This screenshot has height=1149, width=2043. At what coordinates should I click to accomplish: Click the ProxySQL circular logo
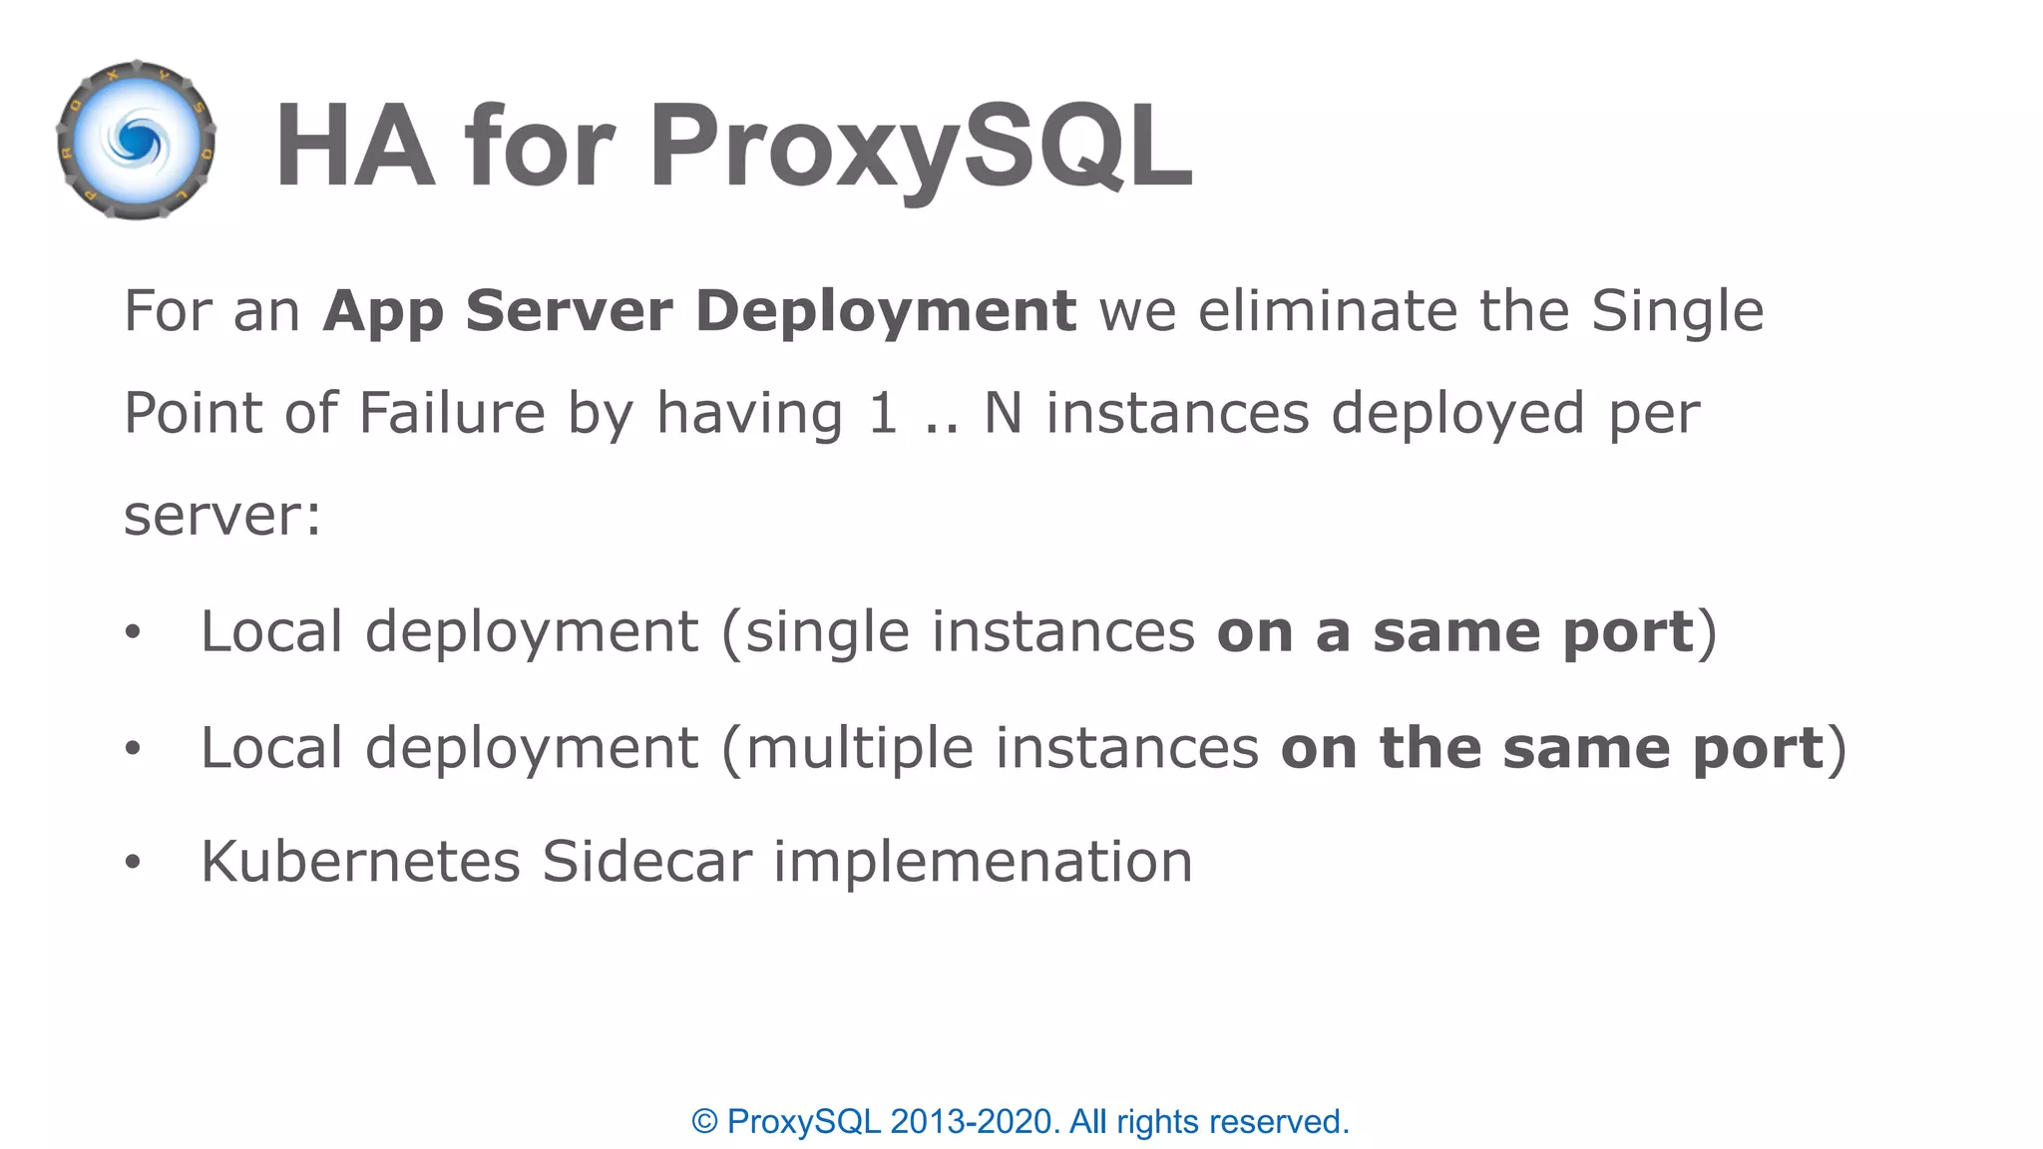[137, 141]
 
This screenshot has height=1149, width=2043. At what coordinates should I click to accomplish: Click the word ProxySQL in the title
[921, 146]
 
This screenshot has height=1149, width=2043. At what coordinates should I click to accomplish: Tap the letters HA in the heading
[355, 146]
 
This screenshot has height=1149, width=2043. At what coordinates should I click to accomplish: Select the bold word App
[382, 311]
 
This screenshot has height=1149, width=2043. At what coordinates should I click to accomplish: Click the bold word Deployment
[885, 311]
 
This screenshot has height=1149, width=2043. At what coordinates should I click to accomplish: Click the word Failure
[451, 413]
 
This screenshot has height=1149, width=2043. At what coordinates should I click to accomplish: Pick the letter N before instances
[1003, 413]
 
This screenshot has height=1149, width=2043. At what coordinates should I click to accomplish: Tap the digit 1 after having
[882, 413]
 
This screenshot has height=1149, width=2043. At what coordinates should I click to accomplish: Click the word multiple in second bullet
[859, 748]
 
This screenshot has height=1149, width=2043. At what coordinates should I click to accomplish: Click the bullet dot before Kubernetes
[133, 863]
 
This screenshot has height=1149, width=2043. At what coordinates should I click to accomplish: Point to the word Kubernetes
[360, 862]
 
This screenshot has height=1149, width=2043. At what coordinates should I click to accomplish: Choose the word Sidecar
[646, 862]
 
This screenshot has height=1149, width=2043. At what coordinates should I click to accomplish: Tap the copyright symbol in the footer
[704, 1122]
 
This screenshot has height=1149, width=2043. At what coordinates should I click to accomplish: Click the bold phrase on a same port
[1454, 632]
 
